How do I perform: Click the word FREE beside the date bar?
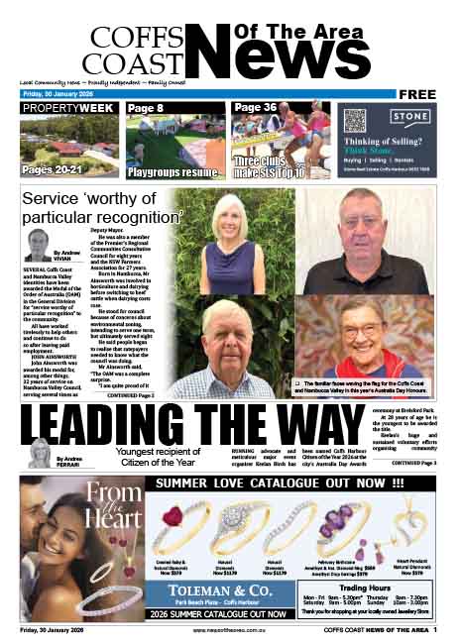pos(420,94)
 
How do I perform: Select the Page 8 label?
pos(146,108)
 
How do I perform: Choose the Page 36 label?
pos(255,107)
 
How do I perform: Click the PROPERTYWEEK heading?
pos(65,107)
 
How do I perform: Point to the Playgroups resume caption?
pos(173,171)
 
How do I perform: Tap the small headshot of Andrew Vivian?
pos(40,242)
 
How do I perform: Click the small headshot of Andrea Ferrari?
pos(41,453)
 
